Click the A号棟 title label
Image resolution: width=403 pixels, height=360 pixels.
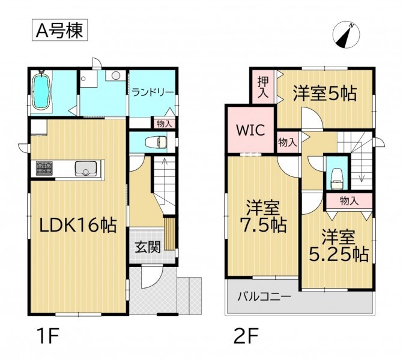pyautogui.click(x=59, y=30)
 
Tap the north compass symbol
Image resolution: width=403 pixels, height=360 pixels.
pyautogui.click(x=346, y=35)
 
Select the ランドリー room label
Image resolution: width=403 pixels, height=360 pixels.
pyautogui.click(x=153, y=92)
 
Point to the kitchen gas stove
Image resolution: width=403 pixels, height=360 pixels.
pyautogui.click(x=44, y=168)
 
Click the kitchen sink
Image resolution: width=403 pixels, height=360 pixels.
pyautogui.click(x=86, y=169)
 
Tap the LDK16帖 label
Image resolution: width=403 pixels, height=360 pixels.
pyautogui.click(x=78, y=225)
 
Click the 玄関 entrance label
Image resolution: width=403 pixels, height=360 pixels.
pyautogui.click(x=148, y=247)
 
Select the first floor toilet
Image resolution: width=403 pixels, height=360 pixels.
pyautogui.click(x=156, y=142)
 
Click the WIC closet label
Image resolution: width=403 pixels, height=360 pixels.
pyautogui.click(x=250, y=130)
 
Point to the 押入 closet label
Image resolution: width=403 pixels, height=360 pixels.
pyautogui.click(x=263, y=87)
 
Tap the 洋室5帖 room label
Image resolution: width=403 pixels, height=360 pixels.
pyautogui.click(x=325, y=94)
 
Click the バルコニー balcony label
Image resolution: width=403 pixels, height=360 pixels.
pyautogui.click(x=264, y=297)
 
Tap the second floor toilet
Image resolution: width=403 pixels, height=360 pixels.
pyautogui.click(x=337, y=178)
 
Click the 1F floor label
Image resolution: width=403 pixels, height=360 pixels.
pyautogui.click(x=48, y=336)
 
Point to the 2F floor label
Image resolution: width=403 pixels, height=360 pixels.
pyautogui.click(x=246, y=336)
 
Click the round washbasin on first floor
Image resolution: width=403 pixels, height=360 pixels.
pyautogui.click(x=116, y=76)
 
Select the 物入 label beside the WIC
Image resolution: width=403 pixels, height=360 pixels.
pyautogui.click(x=288, y=142)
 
